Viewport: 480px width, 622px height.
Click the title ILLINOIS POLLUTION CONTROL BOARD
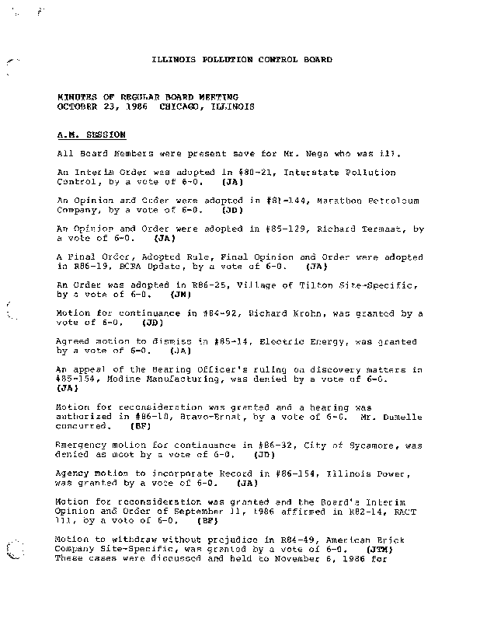tap(241, 60)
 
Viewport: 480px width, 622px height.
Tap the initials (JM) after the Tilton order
tap(180, 295)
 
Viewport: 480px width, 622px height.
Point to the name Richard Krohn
tap(283, 313)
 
